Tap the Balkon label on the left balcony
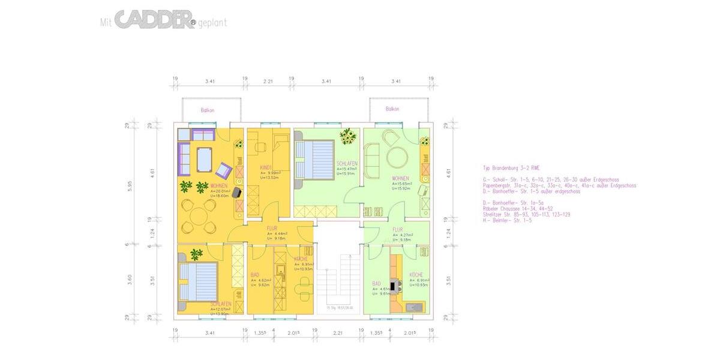208,110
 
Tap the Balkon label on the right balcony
392,109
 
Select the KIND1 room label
267,167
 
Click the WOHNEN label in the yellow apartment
218,186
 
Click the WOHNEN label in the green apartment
400,178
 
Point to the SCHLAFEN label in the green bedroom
347,164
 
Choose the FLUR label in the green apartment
397,229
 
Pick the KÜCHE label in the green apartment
416,275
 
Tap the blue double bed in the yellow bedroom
200,281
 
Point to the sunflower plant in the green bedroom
347,137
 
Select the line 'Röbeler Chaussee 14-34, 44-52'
517,209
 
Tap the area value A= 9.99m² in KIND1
271,173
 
